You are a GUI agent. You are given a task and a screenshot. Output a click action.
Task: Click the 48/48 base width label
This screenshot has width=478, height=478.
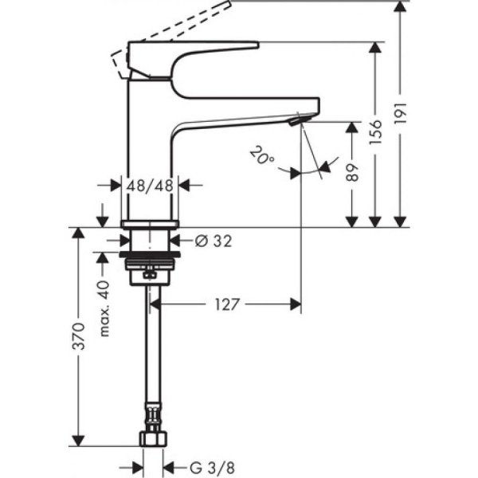[x=151, y=186]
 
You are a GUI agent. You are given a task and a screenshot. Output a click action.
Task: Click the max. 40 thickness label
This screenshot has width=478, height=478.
[x=102, y=306]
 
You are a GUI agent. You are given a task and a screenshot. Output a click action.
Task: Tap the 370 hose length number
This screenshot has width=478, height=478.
[x=78, y=339]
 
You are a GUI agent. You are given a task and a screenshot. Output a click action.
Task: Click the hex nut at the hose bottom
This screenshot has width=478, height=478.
[x=153, y=438]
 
